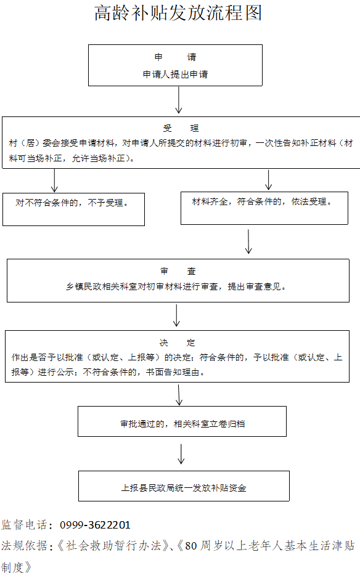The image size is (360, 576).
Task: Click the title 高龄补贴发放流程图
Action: [178, 13]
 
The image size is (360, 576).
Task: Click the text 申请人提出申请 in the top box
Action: [176, 75]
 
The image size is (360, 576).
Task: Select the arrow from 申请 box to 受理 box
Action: [179, 100]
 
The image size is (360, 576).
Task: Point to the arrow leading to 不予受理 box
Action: [54, 181]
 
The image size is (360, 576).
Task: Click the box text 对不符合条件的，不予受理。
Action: [72, 203]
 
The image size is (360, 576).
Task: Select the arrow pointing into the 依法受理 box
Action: [268, 180]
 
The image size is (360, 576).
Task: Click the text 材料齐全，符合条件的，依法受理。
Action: [262, 201]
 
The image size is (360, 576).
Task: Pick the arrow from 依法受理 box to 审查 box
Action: [248, 241]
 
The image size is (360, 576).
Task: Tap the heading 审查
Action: [178, 271]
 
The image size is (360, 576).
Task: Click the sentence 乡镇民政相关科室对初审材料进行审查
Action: [142, 286]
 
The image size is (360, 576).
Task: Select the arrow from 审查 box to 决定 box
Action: [176, 315]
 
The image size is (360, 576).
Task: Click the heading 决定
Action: [178, 343]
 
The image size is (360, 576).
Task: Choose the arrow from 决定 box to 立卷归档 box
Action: [179, 395]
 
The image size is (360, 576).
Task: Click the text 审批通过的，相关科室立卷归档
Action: [182, 424]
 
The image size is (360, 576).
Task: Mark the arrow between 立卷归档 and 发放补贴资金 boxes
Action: [181, 454]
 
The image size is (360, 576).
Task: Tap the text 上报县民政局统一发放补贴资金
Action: [184, 488]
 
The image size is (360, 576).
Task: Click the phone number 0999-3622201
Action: [96, 525]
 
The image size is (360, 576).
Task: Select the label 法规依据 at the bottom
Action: [24, 546]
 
